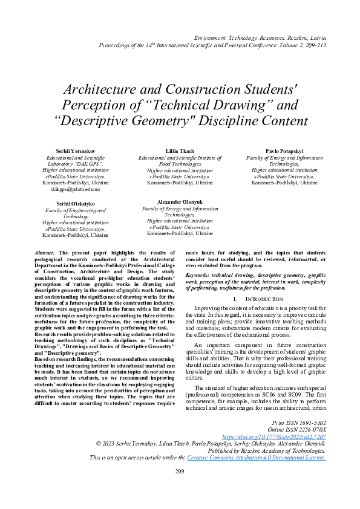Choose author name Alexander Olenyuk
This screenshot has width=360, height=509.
click(179, 201)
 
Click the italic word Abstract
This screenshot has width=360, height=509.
click(45, 250)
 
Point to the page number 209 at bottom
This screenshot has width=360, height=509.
click(180, 488)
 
